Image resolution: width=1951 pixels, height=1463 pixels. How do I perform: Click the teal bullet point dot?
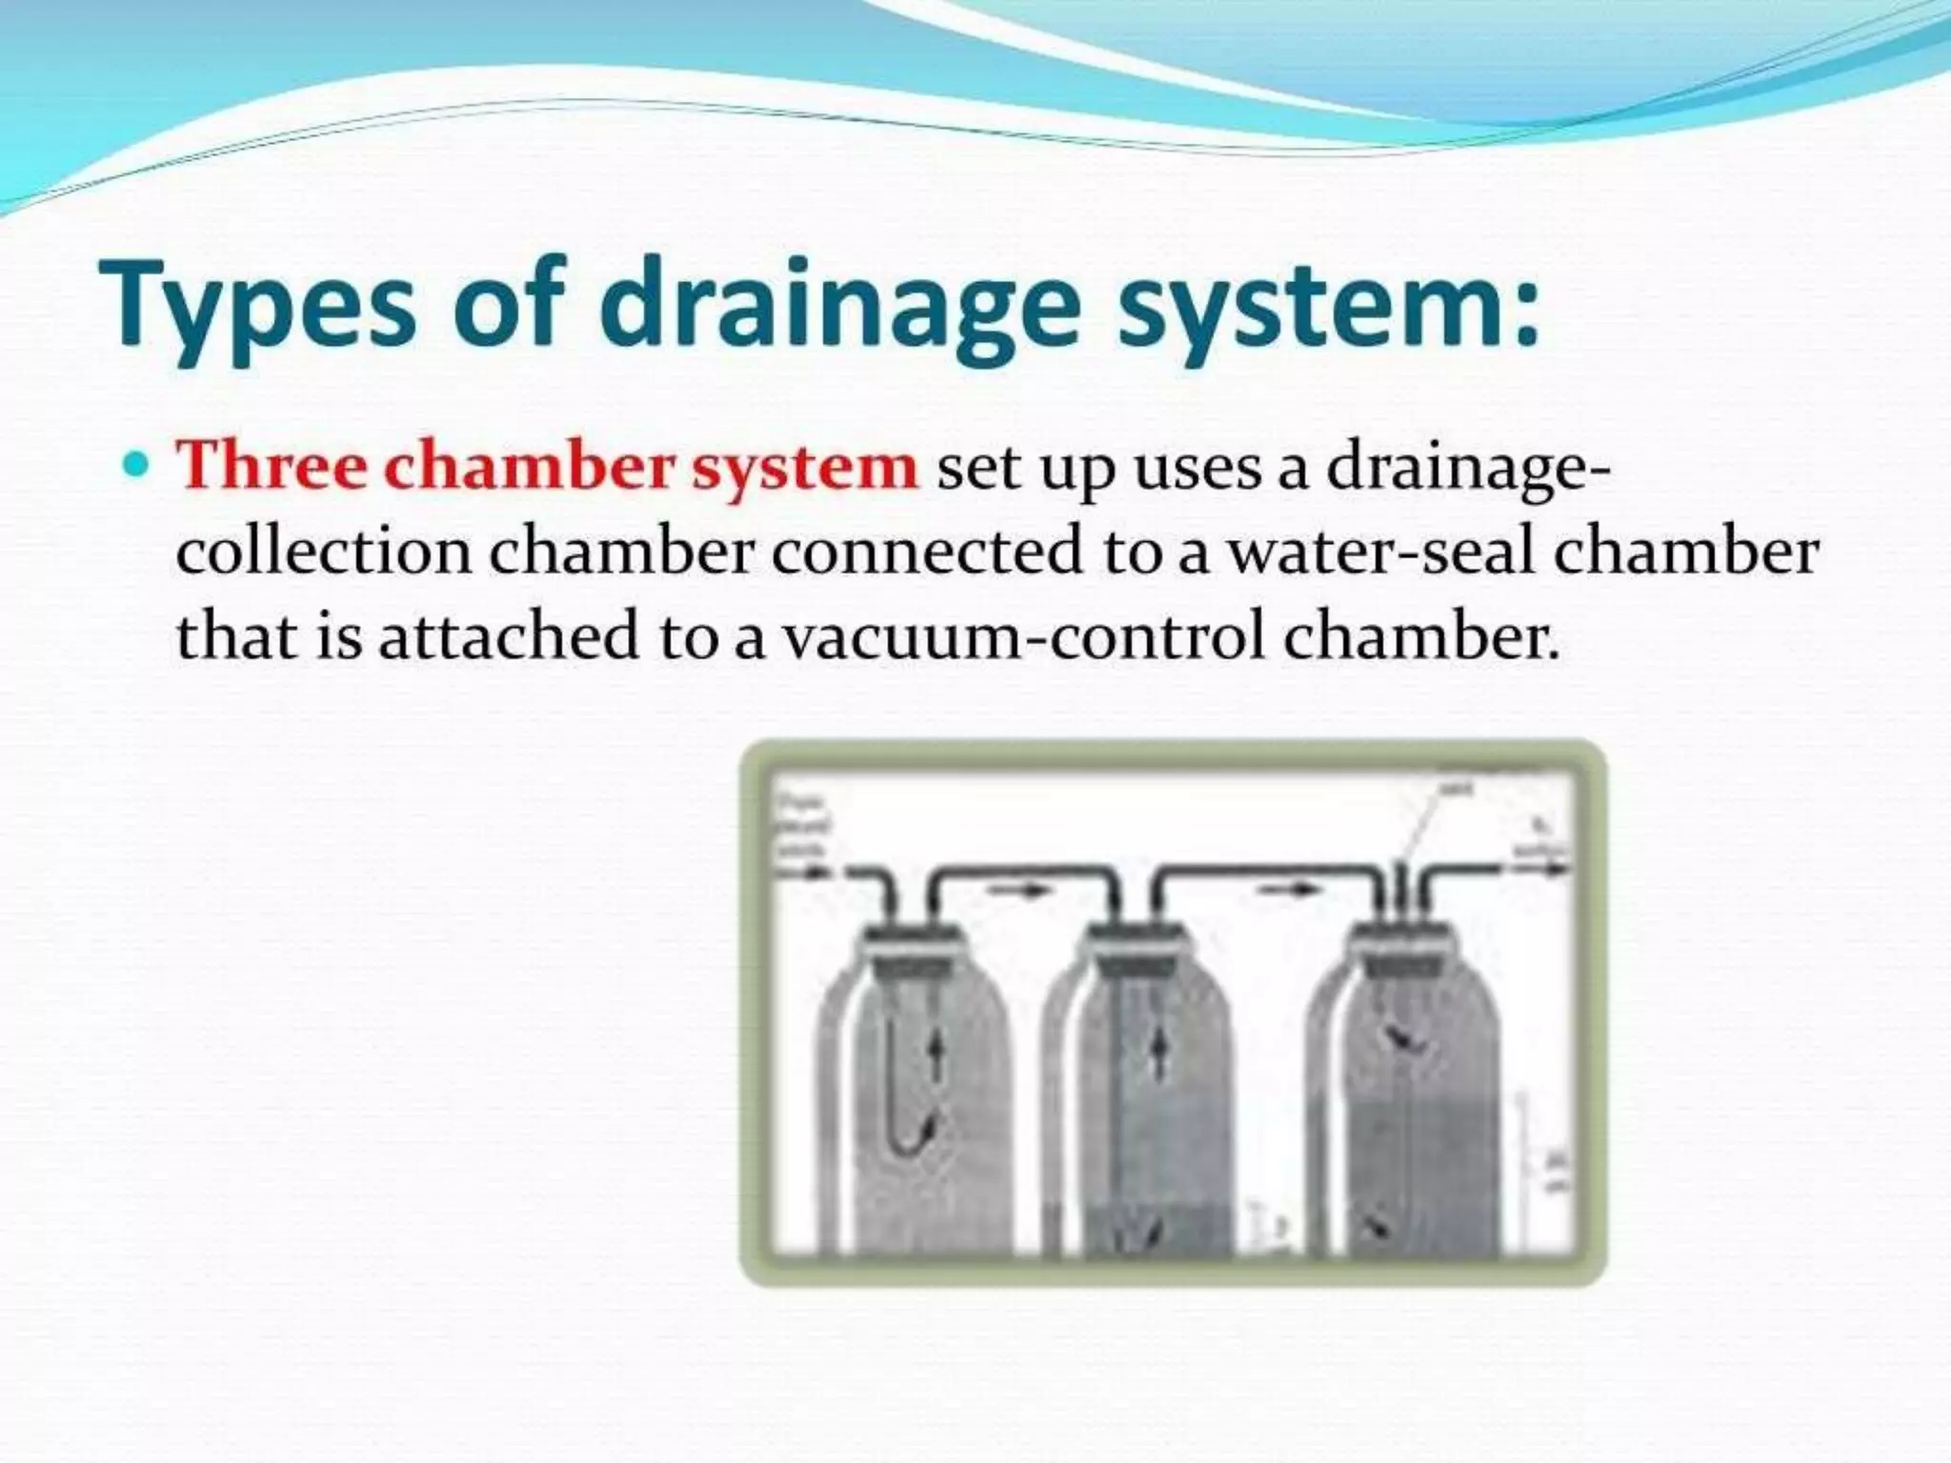[x=138, y=466]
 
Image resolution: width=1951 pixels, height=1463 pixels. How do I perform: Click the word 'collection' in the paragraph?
[x=324, y=551]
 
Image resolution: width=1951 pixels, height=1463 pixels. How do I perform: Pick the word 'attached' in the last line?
[x=509, y=635]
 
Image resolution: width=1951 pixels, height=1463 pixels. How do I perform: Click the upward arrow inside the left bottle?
[x=935, y=1058]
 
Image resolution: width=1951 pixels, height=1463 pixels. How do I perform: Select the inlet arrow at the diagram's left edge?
[x=806, y=870]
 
